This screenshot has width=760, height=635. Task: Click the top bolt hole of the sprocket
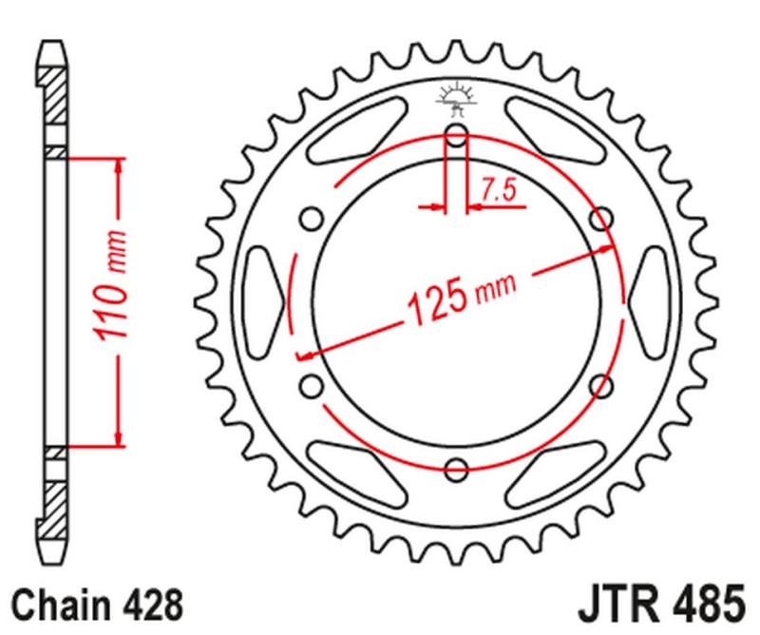[456, 137]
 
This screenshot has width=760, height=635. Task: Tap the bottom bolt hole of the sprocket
[456, 469]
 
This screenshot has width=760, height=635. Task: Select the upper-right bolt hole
[601, 221]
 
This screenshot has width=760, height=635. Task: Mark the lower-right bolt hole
[601, 385]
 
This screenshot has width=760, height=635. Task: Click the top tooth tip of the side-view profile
[55, 46]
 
